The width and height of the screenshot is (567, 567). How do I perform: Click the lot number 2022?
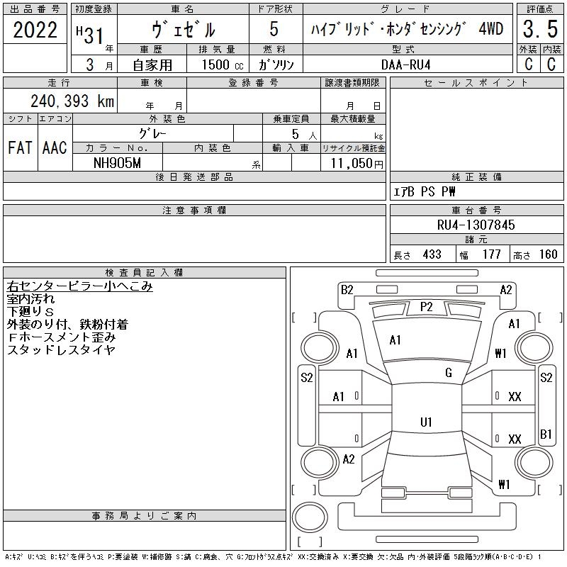(35, 30)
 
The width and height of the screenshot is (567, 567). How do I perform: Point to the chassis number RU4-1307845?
(476, 225)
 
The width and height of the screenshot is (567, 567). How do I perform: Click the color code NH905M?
(117, 162)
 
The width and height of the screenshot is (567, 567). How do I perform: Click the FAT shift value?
(21, 147)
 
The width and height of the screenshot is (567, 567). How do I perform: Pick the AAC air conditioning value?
(55, 147)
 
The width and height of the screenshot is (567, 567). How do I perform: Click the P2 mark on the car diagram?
(426, 306)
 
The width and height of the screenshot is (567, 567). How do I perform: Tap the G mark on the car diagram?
(449, 373)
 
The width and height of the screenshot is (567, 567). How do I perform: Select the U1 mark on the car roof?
(426, 422)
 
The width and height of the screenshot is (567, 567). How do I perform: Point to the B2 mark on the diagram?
(347, 289)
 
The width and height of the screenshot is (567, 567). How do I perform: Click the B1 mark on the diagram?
(546, 434)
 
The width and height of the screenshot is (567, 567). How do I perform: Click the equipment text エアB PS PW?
(425, 191)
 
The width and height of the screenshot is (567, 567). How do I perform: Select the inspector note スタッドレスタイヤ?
(60, 349)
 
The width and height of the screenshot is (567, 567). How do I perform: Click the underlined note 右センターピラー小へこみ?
(79, 286)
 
